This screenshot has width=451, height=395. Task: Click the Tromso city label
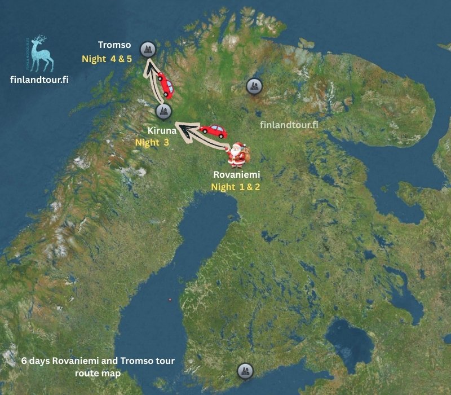(114, 45)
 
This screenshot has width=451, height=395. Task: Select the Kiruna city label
(162, 130)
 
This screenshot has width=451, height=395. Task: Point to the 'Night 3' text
(152, 143)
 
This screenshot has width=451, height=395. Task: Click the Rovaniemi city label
(236, 175)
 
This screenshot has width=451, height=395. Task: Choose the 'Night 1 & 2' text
(236, 187)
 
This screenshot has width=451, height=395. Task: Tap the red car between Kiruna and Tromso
(165, 85)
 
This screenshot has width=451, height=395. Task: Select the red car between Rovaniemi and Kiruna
(213, 130)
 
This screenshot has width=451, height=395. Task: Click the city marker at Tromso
(148, 50)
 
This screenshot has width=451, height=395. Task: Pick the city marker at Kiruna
(163, 111)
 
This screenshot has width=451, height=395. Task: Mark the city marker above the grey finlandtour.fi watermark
(254, 86)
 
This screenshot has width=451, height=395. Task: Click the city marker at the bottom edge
(244, 371)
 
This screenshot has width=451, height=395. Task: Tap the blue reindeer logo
(41, 54)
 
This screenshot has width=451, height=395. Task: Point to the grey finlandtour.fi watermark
(289, 125)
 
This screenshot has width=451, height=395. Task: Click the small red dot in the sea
(170, 300)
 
